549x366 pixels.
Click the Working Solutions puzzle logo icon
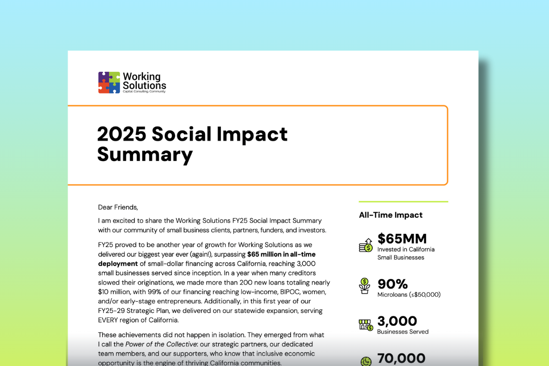tap(109, 82)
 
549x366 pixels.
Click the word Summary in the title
tap(145, 154)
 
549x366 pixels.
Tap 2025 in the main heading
tap(121, 134)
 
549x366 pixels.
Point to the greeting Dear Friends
tap(118, 207)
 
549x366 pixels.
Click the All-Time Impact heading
tap(391, 215)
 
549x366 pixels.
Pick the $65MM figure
tap(402, 239)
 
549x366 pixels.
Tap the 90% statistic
tap(393, 284)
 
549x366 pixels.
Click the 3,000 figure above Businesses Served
tap(397, 321)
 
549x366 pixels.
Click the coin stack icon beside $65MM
tap(366, 245)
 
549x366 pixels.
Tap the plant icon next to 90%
tap(365, 286)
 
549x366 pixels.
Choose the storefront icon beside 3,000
tap(366, 324)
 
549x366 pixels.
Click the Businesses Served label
tap(403, 332)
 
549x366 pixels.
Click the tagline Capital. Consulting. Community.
tap(144, 91)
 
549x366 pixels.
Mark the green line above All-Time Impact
tap(403, 201)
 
